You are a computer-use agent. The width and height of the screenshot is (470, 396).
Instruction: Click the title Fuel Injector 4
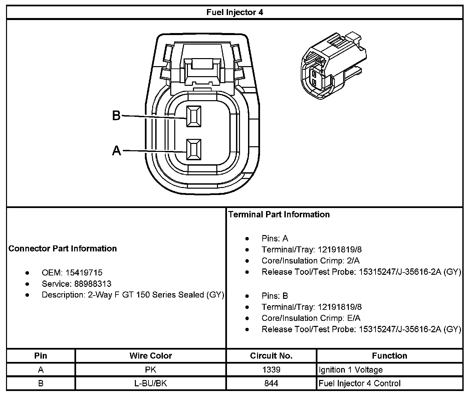pos(235,12)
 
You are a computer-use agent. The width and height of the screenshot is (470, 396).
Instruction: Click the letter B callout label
pos(116,116)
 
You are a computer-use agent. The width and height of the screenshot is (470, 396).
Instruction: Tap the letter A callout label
pos(116,151)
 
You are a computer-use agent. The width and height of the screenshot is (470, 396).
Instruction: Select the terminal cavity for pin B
pos(194,117)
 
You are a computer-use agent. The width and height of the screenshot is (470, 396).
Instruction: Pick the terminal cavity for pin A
pos(194,150)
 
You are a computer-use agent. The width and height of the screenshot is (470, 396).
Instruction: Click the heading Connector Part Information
pos(62,248)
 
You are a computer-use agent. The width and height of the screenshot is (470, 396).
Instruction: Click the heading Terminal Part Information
pos(279,214)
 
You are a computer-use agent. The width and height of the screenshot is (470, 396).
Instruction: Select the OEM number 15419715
pos(84,273)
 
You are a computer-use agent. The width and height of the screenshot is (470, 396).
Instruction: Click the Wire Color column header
pos(151,356)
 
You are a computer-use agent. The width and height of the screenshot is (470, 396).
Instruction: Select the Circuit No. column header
pos(271,356)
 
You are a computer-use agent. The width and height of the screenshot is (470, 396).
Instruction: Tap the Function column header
pos(390,356)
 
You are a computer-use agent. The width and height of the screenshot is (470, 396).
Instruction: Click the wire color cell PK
pos(151,370)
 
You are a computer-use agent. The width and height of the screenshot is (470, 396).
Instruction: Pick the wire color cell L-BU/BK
pos(151,383)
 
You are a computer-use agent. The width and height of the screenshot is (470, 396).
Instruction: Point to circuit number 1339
pos(271,370)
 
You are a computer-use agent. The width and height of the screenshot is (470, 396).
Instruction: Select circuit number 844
pos(271,383)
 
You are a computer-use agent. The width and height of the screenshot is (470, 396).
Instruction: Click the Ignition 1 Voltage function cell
pos(350,370)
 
